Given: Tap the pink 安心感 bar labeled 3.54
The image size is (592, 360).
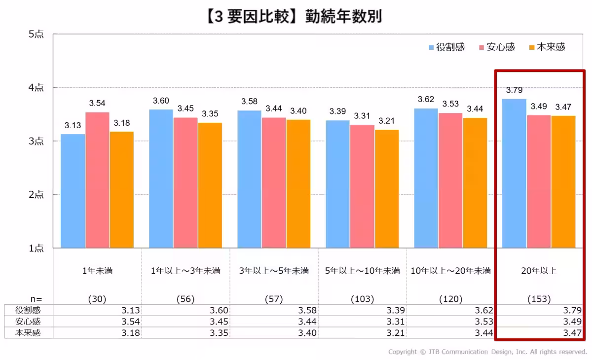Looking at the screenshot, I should pyautogui.click(x=97, y=180).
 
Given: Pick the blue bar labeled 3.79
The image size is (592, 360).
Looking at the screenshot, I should pyautogui.click(x=514, y=173).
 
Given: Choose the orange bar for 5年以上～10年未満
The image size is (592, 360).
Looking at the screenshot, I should pyautogui.click(x=387, y=188).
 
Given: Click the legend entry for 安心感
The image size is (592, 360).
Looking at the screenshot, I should pyautogui.click(x=496, y=47).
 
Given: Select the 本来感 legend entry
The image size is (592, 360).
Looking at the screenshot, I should pyautogui.click(x=547, y=47).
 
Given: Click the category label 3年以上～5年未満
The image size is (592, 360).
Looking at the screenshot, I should pyautogui.click(x=274, y=271).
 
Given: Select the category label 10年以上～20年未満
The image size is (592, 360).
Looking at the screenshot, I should pyautogui.click(x=451, y=271).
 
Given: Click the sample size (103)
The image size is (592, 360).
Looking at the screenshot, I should pyautogui.click(x=362, y=299).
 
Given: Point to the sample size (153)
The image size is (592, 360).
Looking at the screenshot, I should pyautogui.click(x=539, y=299).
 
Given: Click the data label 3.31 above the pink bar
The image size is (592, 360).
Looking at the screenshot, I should pyautogui.click(x=362, y=116).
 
